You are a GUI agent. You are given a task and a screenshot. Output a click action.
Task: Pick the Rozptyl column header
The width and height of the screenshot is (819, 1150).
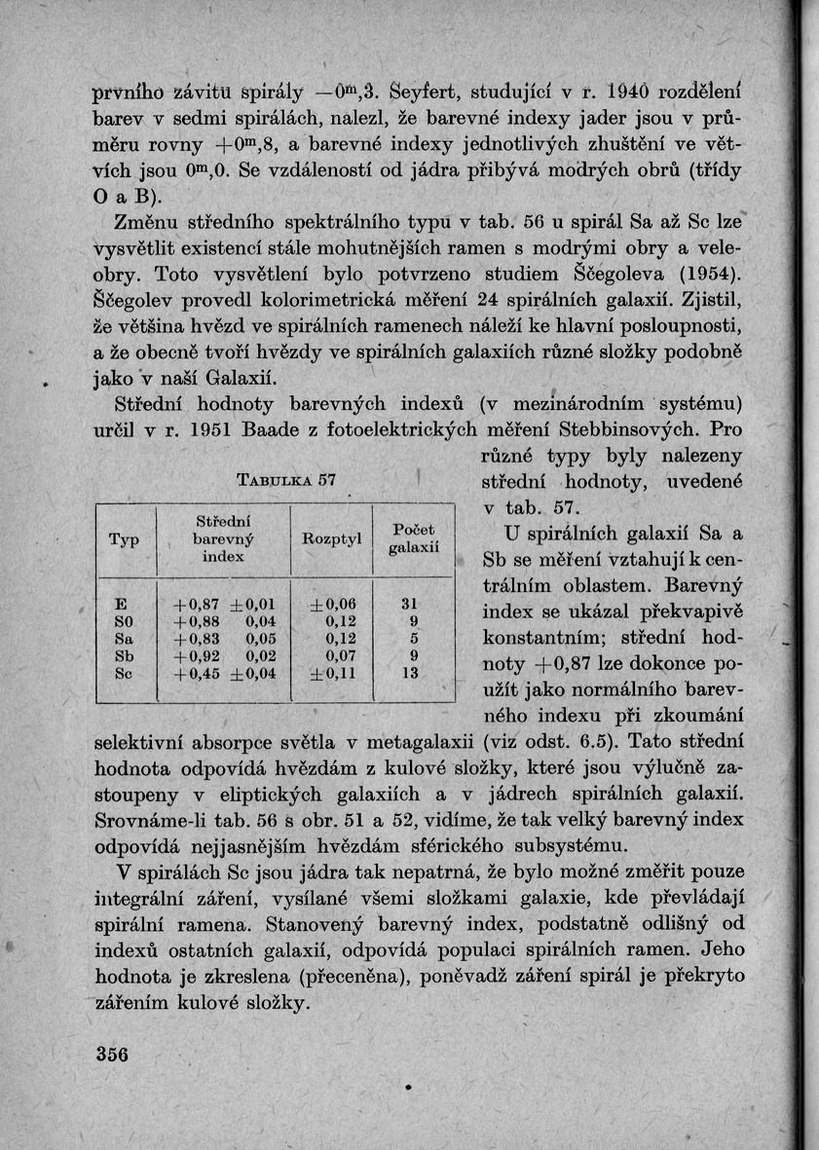(x=331, y=538)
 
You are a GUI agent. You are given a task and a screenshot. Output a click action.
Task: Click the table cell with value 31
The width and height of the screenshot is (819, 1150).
(x=410, y=604)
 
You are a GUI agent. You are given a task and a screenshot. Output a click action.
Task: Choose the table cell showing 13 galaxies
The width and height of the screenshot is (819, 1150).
(x=410, y=673)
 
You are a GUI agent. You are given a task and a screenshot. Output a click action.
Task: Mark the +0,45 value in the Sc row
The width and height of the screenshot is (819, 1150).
(x=194, y=673)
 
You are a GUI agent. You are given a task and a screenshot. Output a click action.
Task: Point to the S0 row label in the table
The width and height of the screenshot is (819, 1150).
(x=123, y=621)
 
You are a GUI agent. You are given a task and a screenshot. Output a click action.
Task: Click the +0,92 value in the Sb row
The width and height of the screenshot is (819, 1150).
(x=194, y=656)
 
